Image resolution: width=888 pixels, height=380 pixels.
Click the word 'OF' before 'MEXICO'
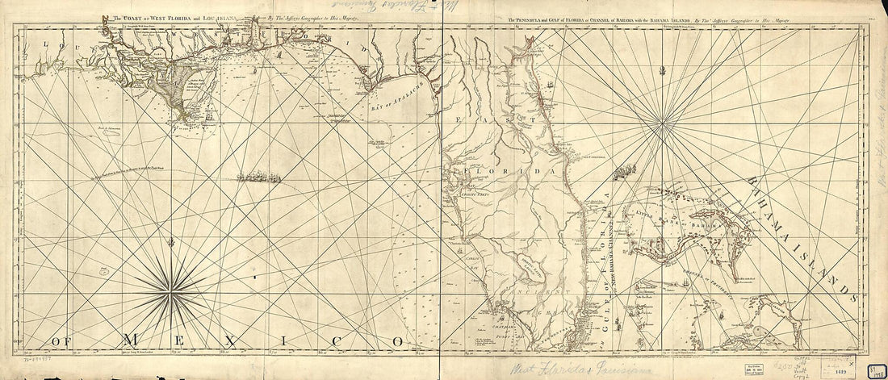(x=61, y=342)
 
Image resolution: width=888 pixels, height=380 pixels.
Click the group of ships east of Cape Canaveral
(x=624, y=171)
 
